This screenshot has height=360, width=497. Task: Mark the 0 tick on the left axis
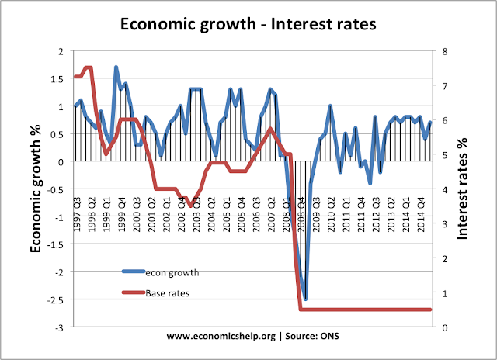[63, 161]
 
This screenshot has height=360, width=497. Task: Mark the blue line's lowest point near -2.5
[305, 299]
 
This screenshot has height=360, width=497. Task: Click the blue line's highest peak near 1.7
[116, 67]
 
